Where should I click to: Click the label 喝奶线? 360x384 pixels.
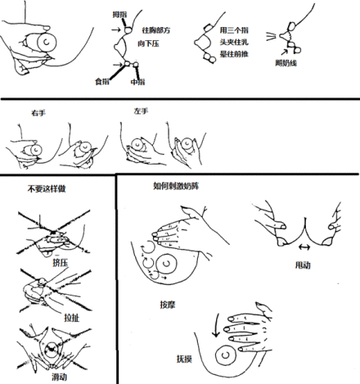click(x=287, y=61)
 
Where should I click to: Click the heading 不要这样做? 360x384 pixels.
click(x=44, y=189)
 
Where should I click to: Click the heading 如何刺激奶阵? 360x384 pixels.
click(x=175, y=187)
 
